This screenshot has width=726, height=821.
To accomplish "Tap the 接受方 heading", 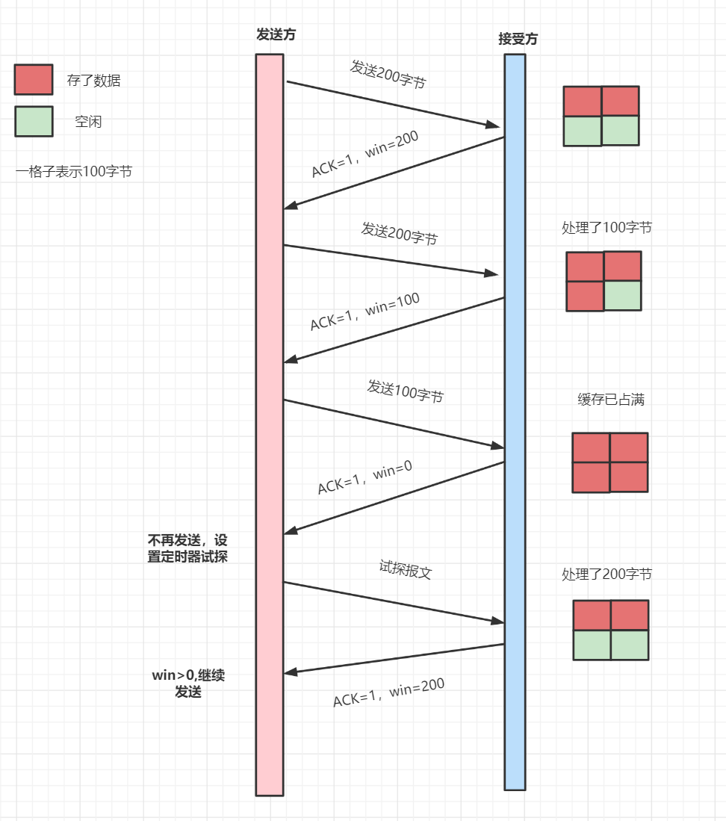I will pos(518,40).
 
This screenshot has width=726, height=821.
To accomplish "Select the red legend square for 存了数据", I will pos(34,80).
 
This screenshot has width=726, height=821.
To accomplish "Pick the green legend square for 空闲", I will pos(34,122).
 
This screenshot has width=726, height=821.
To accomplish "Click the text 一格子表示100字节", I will pos(73,172).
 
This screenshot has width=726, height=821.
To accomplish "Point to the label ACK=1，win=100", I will pos(365,312).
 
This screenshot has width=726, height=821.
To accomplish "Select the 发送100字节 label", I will pos(405,391).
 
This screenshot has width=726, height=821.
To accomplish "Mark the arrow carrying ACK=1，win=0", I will pos(394,498).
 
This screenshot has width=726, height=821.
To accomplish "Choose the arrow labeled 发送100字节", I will pos(394,424).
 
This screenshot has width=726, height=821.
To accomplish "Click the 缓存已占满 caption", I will pos(610,400).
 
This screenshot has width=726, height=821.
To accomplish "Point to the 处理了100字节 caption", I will pos(606,228).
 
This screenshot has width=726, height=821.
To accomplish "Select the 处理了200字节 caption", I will pos(606,574).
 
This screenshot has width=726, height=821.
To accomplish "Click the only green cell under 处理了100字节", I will pos(623,296).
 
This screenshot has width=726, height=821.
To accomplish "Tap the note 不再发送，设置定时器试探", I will pos(187,548).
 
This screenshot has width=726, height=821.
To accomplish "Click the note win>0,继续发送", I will pos(188,684).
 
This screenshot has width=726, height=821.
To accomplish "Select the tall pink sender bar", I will pos(270,424).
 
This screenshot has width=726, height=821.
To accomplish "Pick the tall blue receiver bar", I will pos(515,422).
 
